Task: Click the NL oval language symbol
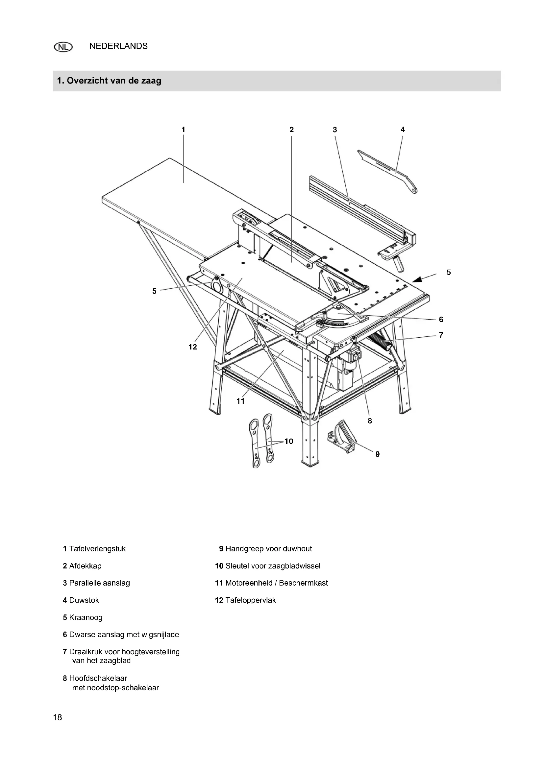click(x=63, y=47)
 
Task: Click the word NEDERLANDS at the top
click(x=118, y=46)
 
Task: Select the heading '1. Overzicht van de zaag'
click(x=109, y=81)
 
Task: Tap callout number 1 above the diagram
click(x=183, y=130)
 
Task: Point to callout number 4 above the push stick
click(x=403, y=130)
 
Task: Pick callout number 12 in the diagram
click(x=193, y=347)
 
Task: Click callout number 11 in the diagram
click(x=240, y=401)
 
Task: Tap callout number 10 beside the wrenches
click(x=289, y=441)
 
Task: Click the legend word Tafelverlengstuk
click(x=97, y=549)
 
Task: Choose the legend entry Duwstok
click(x=84, y=600)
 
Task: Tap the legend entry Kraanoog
click(x=86, y=617)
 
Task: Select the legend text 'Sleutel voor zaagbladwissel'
click(x=273, y=566)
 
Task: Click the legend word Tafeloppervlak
click(x=250, y=600)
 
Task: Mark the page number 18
click(x=58, y=717)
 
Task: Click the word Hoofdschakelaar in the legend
click(x=98, y=678)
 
